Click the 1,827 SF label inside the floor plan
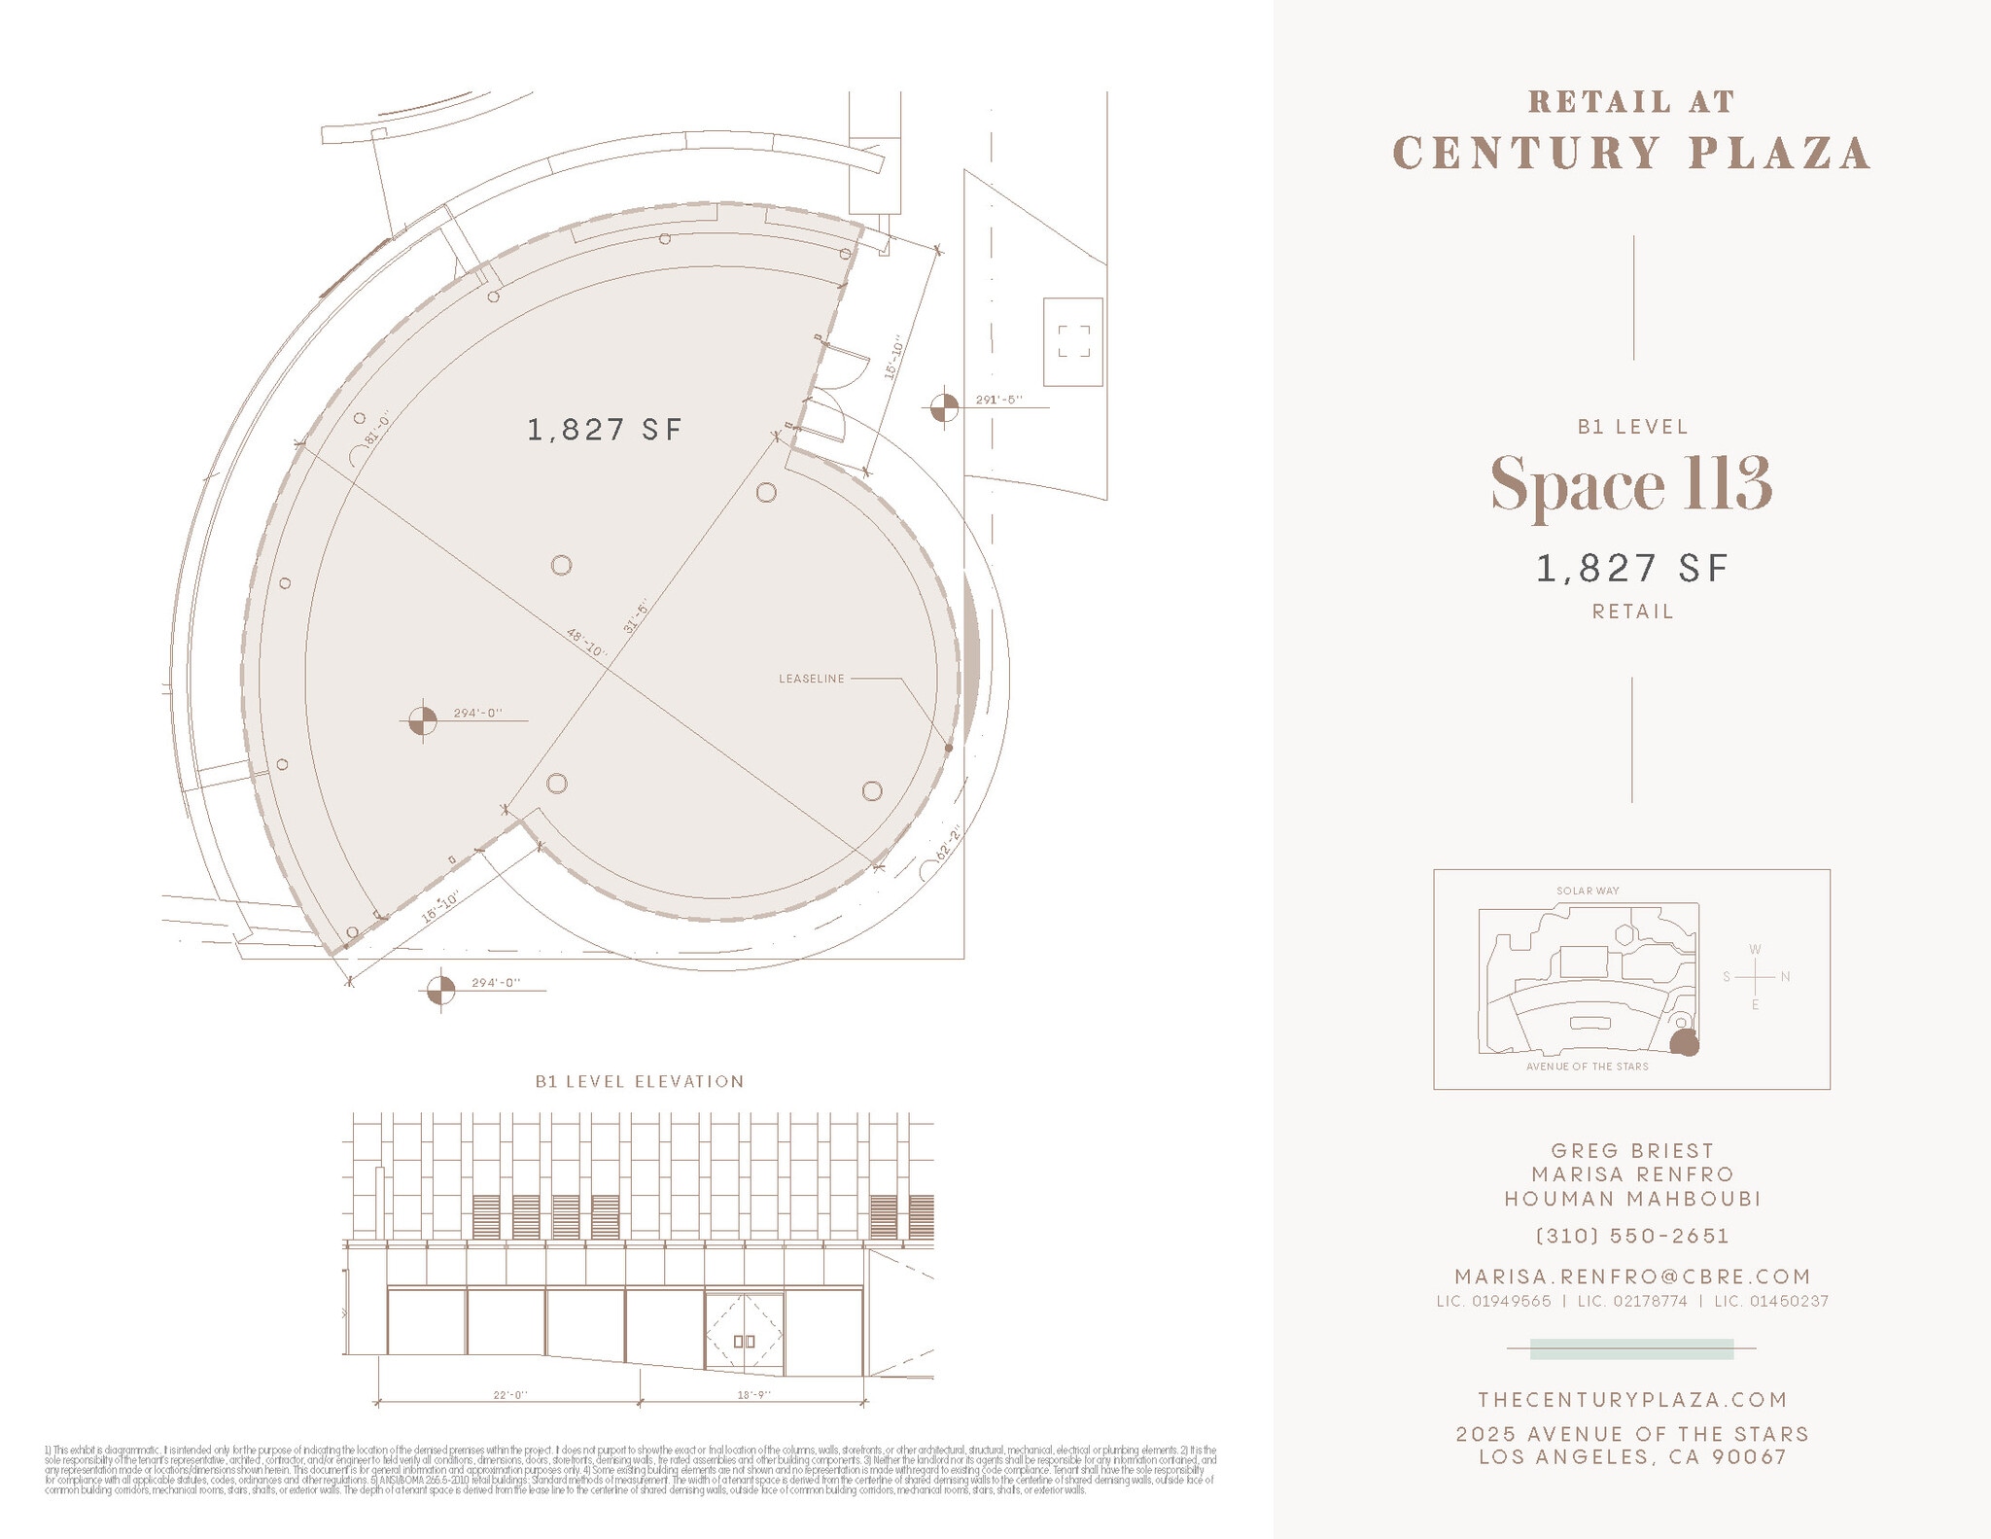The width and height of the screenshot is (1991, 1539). tap(605, 430)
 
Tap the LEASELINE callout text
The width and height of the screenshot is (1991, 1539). tap(812, 679)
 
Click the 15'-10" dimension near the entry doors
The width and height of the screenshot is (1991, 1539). tap(895, 359)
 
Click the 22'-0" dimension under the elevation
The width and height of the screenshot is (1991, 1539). tap(509, 1395)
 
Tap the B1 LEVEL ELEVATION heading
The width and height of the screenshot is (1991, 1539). tap(640, 1081)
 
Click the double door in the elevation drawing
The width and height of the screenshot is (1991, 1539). tap(744, 1335)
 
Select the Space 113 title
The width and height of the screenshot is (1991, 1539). tap(1631, 484)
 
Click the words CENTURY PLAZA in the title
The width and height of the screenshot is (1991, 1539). tap(1631, 154)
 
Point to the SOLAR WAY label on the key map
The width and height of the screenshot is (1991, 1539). tap(1588, 891)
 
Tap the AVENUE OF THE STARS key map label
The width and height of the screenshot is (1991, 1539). tap(1587, 1067)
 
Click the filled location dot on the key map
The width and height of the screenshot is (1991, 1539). tap(1685, 1043)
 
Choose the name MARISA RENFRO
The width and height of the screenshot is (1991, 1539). tap(1632, 1175)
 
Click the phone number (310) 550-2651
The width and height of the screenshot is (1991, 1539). tap(1632, 1236)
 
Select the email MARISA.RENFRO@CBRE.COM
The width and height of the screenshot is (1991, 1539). tap(1632, 1277)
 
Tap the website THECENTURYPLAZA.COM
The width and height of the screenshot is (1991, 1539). tap(1632, 1400)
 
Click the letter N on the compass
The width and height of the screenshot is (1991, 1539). tap(1785, 976)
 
